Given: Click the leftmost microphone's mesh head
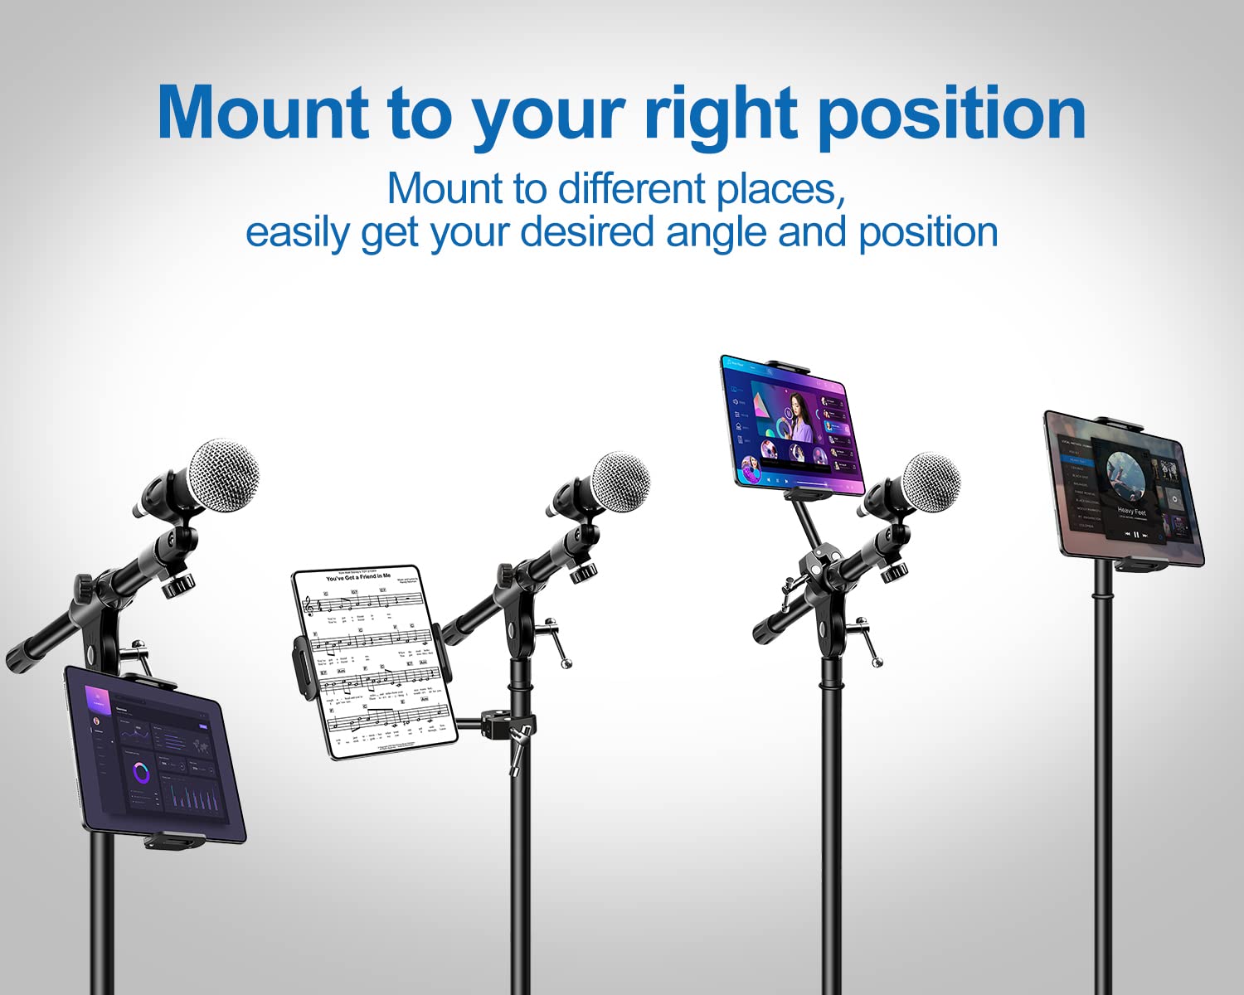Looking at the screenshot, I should [224, 475].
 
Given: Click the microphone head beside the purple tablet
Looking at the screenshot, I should [931, 482].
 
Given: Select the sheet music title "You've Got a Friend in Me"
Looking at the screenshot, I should [357, 577].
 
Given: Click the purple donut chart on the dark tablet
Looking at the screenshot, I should [141, 774].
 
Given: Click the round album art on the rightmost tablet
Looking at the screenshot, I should [1125, 475].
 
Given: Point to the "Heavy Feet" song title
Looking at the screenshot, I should [1131, 512].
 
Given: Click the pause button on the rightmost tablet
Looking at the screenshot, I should [1136, 536].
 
